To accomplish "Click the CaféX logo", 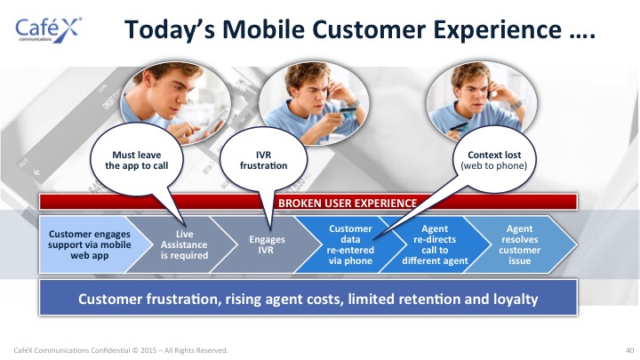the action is click(48, 29).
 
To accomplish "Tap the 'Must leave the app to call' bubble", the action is click(137, 160).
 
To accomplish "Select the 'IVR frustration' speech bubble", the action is click(264, 160).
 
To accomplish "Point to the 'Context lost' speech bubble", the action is click(494, 160).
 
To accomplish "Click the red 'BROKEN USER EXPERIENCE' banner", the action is click(308, 203).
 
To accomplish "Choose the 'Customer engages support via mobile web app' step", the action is click(90, 244).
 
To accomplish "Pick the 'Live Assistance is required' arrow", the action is click(184, 244).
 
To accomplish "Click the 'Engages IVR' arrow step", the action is click(266, 244).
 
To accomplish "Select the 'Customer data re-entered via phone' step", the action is click(350, 244).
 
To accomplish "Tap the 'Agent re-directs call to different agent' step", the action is click(435, 244).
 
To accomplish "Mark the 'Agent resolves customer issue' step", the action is click(520, 244).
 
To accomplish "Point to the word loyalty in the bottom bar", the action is click(516, 300).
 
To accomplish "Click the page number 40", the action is click(630, 350).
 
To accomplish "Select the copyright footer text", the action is click(121, 350).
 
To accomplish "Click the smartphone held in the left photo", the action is click(214, 121).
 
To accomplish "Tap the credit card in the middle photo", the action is click(348, 113).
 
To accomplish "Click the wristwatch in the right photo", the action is click(517, 105).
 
